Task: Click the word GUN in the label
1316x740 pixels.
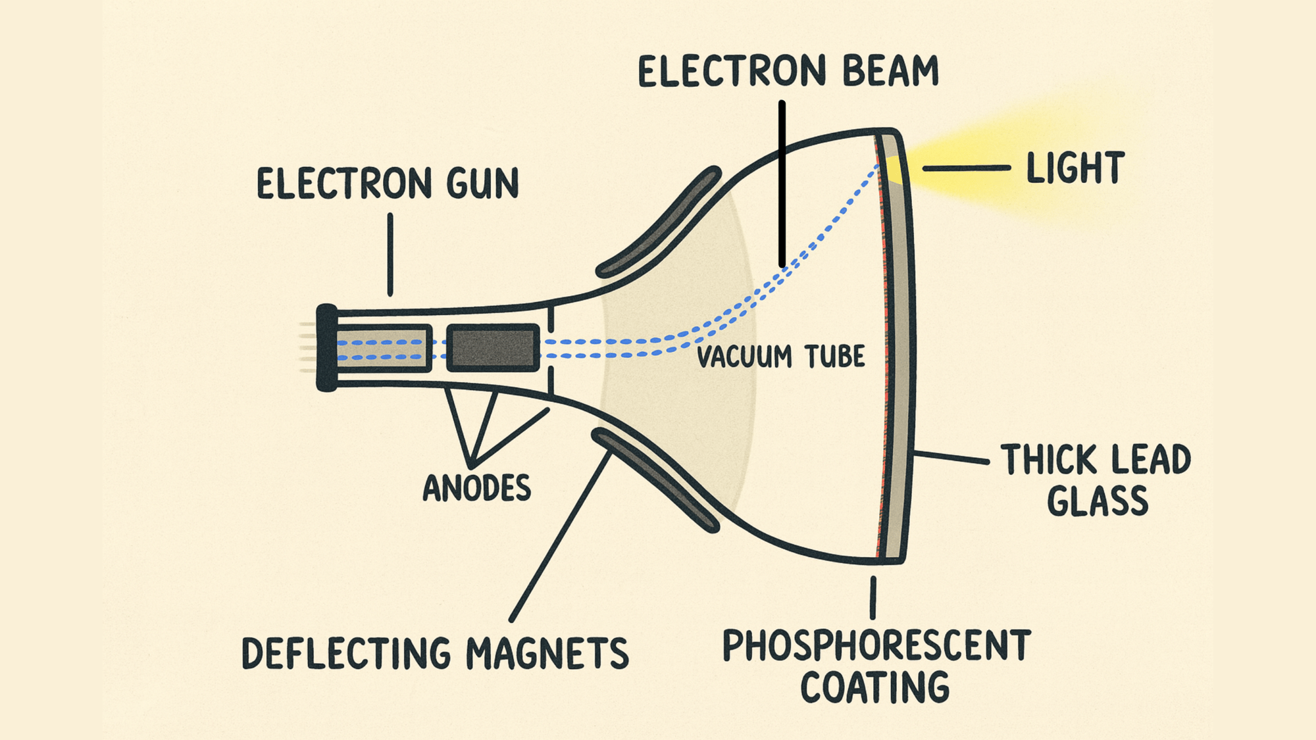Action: point(482,184)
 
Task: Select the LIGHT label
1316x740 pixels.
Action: point(1075,168)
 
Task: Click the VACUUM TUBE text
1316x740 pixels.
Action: point(780,357)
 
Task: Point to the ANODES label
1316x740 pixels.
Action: point(476,488)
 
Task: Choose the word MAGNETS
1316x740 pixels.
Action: point(547,653)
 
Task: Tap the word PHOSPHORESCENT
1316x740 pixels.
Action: point(876,645)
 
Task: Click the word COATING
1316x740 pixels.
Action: point(874,687)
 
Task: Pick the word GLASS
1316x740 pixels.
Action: point(1097,501)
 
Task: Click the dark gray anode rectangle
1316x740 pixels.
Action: point(493,347)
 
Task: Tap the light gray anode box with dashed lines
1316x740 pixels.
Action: point(383,348)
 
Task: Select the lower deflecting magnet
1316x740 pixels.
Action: point(655,480)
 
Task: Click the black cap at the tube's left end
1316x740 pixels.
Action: point(326,347)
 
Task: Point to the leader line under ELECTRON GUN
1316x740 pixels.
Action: point(390,254)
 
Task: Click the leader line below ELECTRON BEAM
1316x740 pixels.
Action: point(782,184)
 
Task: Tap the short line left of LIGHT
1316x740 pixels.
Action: point(965,168)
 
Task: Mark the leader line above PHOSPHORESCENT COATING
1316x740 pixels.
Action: point(873,597)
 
